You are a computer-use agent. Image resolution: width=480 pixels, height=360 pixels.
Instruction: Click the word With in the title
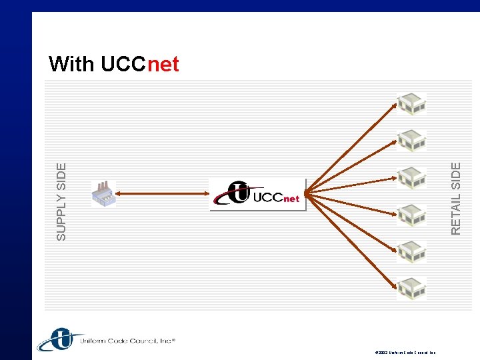(72, 64)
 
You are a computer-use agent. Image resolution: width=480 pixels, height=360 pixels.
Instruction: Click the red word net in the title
(163, 64)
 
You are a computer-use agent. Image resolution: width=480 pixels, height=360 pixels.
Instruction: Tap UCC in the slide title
(123, 64)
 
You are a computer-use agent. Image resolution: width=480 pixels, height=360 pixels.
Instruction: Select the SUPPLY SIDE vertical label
(61, 201)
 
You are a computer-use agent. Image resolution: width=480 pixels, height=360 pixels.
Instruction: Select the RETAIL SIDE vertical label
(456, 199)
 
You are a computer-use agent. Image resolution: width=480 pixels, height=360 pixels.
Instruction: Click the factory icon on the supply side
(103, 193)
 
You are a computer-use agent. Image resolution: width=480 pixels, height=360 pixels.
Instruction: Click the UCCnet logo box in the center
(257, 194)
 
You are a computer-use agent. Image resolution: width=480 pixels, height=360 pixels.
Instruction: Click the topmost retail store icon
(411, 104)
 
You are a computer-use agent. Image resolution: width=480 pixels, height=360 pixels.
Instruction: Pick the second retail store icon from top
(411, 140)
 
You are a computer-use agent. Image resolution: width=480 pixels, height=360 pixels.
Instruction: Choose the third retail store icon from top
(411, 177)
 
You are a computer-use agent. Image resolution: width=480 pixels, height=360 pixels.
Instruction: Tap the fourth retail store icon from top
(411, 215)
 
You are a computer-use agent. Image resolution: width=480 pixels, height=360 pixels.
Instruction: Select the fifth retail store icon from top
(411, 251)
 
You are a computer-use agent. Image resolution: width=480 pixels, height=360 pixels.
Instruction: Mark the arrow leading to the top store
(353, 147)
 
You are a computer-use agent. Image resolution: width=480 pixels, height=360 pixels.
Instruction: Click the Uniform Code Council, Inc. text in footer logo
(127, 341)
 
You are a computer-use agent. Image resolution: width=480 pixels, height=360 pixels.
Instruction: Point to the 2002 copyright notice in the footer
(405, 351)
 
